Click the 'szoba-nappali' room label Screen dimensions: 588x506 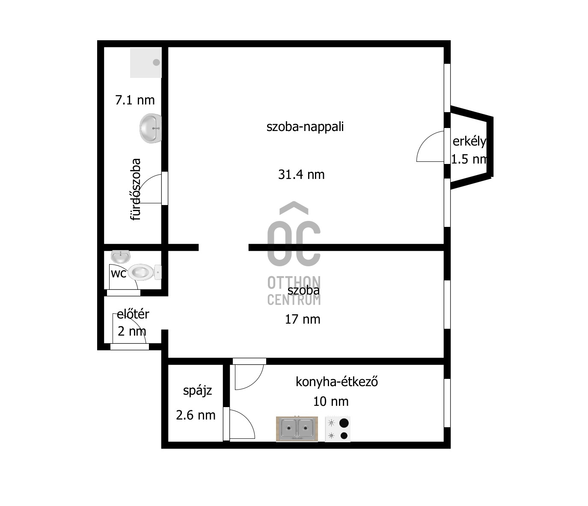(x=305, y=127)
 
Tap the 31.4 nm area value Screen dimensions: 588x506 (x=301, y=175)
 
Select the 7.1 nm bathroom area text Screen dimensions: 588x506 (x=135, y=100)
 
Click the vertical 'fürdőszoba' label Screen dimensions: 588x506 (x=135, y=189)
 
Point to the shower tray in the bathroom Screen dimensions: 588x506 (x=146, y=63)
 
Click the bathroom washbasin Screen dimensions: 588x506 (x=151, y=128)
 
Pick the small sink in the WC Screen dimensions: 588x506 (x=121, y=256)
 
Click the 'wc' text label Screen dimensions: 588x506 (x=119, y=274)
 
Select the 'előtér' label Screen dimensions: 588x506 (x=133, y=314)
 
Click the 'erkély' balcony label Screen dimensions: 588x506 (x=469, y=141)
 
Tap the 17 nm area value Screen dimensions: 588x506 (x=303, y=319)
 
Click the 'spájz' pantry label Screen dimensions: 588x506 (x=197, y=391)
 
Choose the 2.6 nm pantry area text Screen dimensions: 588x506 (x=196, y=415)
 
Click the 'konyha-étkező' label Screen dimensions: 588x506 (x=337, y=381)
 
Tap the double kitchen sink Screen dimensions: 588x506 (x=297, y=429)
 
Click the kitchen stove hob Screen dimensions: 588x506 (x=338, y=429)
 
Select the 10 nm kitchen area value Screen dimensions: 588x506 (x=331, y=402)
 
